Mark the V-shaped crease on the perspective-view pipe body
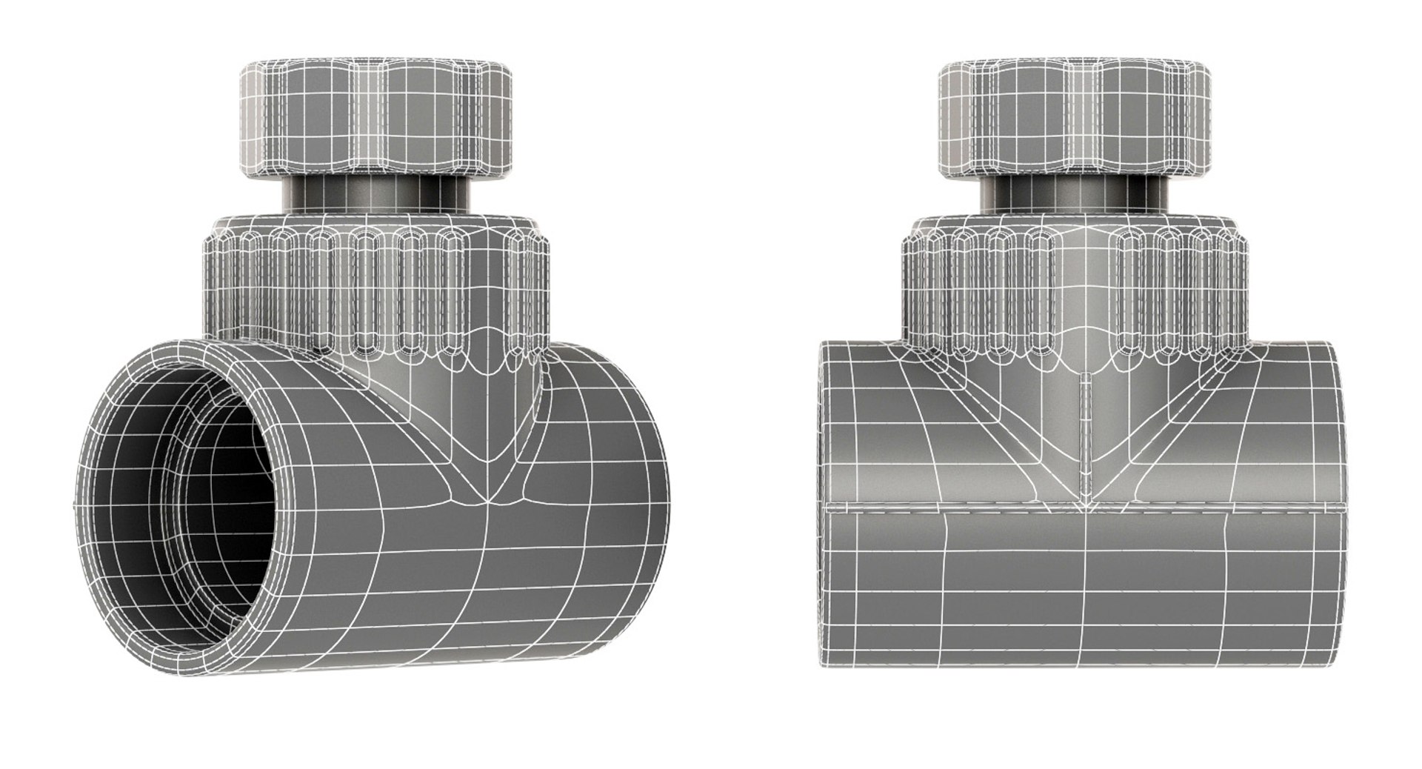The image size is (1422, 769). coord(489,474)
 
